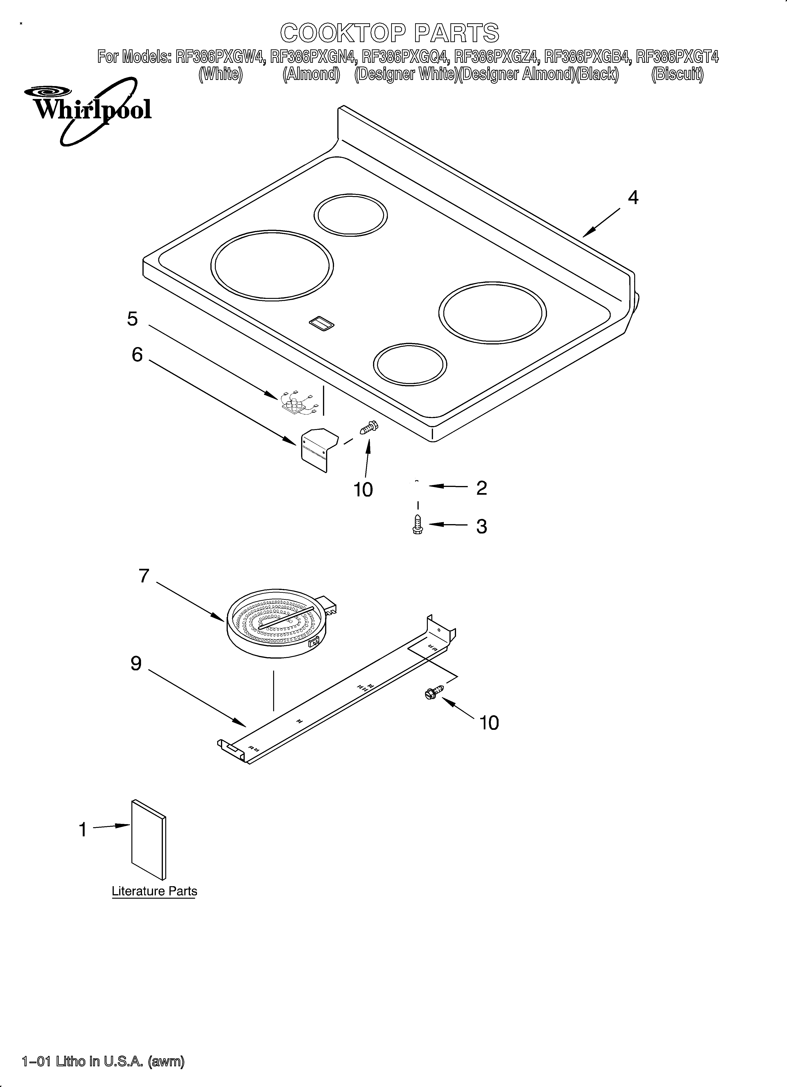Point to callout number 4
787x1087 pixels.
click(x=633, y=198)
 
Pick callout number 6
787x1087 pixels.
click(x=137, y=355)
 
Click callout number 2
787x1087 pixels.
click(x=481, y=488)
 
